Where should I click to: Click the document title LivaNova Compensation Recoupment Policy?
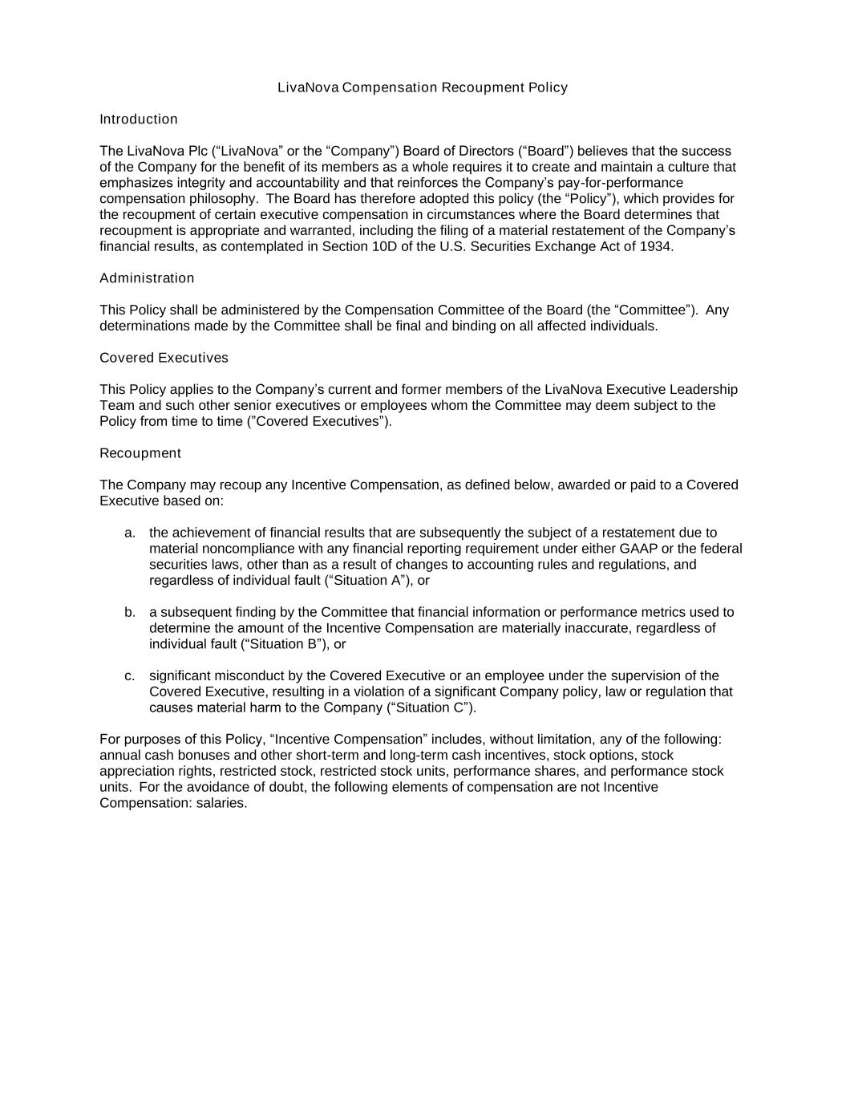point(423,87)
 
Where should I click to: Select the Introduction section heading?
point(139,120)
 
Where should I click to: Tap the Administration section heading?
point(147,278)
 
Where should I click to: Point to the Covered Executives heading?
point(164,358)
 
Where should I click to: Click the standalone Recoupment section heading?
point(140,453)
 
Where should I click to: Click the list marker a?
point(129,533)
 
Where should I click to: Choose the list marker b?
point(129,612)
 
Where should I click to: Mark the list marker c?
point(129,675)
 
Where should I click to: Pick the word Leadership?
point(703,390)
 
